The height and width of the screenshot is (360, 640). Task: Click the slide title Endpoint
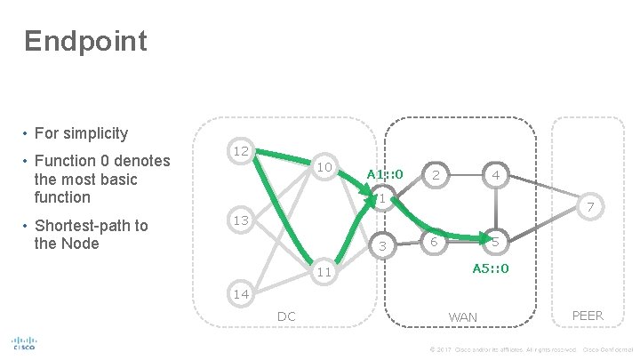point(85,41)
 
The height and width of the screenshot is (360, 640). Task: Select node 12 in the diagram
point(241,152)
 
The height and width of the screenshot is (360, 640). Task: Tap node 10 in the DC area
point(324,168)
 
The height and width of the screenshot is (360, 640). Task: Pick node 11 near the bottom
point(324,271)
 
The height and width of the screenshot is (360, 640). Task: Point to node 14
point(241,294)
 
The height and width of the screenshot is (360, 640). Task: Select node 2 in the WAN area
point(436,176)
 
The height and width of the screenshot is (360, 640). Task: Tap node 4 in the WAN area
point(496,176)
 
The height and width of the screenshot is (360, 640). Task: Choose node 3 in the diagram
point(382,245)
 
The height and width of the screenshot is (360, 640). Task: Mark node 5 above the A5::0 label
point(496,243)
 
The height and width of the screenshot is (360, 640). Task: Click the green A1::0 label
point(385,174)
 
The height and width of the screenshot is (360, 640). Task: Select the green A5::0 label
point(490,268)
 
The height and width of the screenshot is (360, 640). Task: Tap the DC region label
point(286,316)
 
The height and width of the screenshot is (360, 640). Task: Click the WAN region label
point(463,316)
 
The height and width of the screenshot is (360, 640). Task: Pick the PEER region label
point(587,316)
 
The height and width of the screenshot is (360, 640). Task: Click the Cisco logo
point(23,344)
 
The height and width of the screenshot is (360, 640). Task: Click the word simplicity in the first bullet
point(93,133)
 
